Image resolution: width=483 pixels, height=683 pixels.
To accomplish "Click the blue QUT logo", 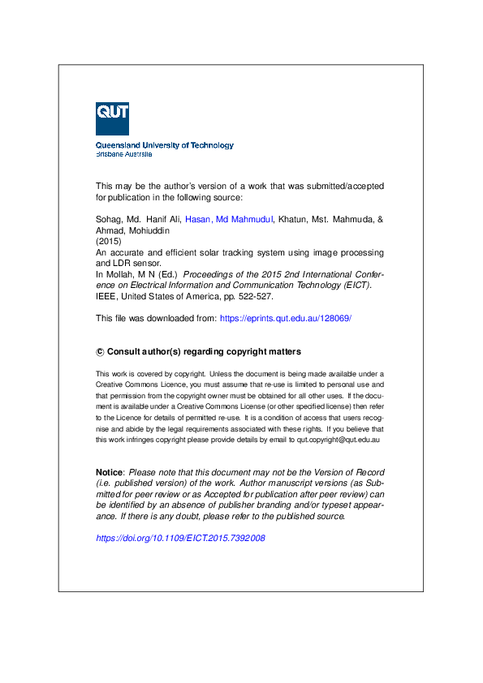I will (112, 118).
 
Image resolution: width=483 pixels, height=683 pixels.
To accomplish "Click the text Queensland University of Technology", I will (165, 145).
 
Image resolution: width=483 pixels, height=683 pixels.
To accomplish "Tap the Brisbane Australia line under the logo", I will (124, 153).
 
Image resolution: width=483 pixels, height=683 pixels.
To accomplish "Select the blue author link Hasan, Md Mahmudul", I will (230, 219).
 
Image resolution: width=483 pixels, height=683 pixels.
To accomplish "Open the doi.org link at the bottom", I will (181, 538).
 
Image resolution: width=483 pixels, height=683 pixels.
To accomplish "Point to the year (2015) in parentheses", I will (107, 242).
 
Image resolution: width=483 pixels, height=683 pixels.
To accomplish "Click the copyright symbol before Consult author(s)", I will (101, 352).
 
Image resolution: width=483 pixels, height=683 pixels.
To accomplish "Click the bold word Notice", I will (110, 472).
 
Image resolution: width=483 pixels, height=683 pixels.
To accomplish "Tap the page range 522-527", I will (251, 297).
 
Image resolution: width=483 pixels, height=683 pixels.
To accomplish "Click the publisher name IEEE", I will (107, 297).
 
